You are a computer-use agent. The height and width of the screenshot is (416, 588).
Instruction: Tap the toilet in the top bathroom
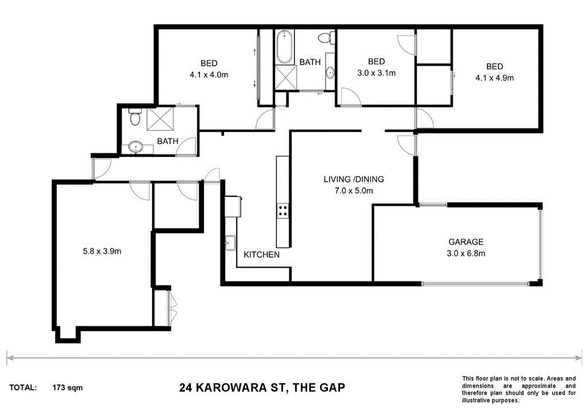326,38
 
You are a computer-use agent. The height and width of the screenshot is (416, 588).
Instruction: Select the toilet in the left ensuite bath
134,118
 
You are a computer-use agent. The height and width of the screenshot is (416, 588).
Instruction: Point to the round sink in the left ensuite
136,147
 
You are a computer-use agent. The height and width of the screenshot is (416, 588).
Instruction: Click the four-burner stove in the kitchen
283,211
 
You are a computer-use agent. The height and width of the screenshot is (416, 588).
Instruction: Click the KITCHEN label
262,255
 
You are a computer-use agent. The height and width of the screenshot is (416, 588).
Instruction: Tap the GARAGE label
466,242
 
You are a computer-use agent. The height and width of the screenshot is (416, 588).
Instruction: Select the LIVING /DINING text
354,179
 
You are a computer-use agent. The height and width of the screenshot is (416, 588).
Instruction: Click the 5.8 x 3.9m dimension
101,251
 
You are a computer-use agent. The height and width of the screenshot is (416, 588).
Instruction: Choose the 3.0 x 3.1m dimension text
376,73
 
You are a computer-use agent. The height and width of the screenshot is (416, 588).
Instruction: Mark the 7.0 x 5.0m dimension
354,191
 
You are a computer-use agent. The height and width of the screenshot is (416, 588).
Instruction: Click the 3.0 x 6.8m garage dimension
466,253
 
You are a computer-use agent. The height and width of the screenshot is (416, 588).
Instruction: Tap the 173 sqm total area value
67,388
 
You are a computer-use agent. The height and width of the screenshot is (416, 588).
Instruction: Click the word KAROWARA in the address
234,388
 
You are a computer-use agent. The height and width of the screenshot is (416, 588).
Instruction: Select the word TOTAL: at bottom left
24,388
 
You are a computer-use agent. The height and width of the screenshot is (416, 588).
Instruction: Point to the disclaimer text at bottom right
519,390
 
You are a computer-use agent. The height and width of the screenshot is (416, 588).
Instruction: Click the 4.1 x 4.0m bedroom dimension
209,74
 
